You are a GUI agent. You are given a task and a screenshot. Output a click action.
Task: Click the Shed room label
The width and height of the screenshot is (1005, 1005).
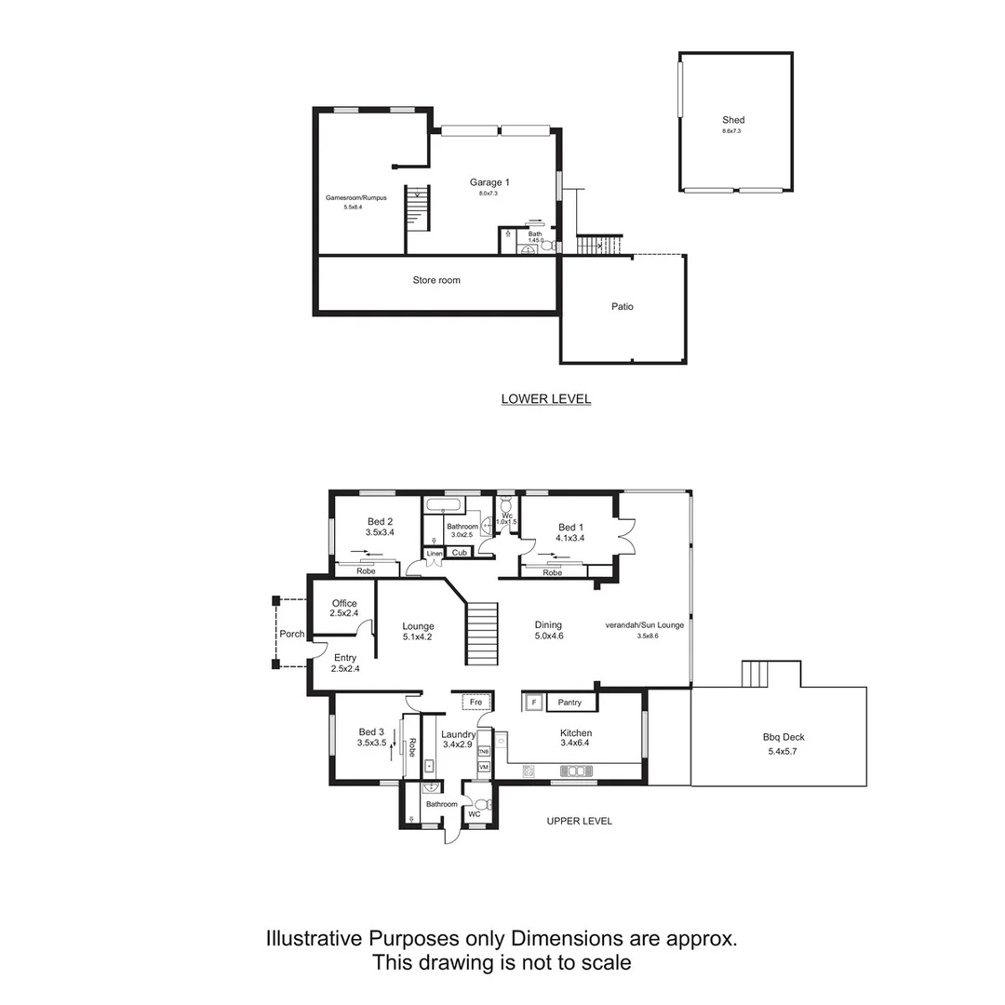(x=733, y=120)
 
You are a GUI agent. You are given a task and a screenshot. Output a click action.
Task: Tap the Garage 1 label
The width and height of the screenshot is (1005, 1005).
(x=489, y=182)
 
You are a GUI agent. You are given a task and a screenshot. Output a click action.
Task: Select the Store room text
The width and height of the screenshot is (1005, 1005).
(x=436, y=280)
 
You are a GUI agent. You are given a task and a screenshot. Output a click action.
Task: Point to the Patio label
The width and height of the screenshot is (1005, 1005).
(x=623, y=306)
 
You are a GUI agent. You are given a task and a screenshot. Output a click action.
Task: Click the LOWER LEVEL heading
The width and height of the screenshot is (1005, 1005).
(x=546, y=399)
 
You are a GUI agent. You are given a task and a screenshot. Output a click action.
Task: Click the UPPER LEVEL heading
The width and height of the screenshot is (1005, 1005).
(x=579, y=821)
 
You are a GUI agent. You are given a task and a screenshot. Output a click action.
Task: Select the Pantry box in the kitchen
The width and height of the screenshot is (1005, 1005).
(x=569, y=703)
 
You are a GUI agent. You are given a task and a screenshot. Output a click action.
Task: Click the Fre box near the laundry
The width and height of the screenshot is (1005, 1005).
(x=476, y=702)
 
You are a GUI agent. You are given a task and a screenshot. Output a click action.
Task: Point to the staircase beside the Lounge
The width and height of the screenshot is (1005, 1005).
(x=482, y=633)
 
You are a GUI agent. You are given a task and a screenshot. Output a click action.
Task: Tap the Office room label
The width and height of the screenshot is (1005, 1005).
(x=344, y=604)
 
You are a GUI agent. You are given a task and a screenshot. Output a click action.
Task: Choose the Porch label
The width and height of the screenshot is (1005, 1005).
(x=292, y=635)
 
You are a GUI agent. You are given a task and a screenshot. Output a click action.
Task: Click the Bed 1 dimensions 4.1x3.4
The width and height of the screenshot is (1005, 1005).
(x=570, y=538)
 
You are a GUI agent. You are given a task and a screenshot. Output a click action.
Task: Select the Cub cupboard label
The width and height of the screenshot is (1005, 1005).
(x=459, y=553)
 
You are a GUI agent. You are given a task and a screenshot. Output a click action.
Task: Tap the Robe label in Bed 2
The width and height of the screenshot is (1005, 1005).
(x=366, y=570)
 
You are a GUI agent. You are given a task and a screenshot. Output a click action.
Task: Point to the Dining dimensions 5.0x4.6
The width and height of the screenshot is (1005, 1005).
(x=548, y=636)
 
